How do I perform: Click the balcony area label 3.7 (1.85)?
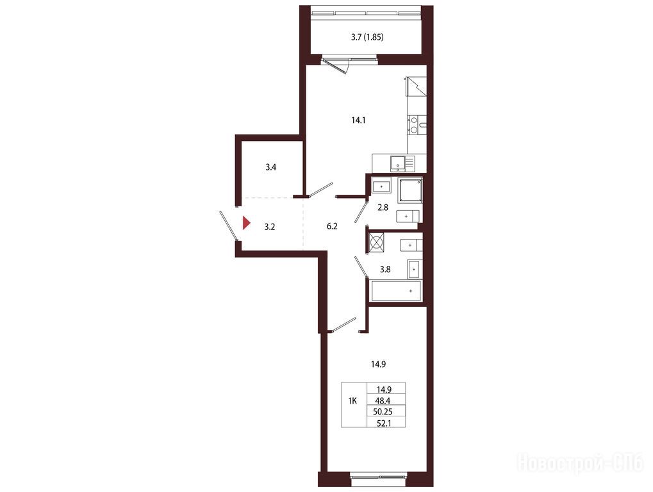point(367,37)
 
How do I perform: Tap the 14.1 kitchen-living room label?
point(359,120)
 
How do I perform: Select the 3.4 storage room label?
point(270,167)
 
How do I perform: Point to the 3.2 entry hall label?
point(270,227)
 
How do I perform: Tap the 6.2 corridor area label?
point(332,226)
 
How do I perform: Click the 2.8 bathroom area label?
point(383,207)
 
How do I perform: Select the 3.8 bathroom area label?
point(385,269)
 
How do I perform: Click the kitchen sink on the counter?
point(402,163)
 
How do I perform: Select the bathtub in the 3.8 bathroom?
point(396,291)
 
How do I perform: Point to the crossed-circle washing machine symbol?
point(376,242)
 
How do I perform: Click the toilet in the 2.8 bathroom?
point(408,217)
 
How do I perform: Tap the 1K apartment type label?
point(352,401)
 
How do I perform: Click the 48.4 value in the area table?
point(383,401)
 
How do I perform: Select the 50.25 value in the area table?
point(383,412)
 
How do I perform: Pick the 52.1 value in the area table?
point(383,423)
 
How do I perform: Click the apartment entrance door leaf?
point(229,225)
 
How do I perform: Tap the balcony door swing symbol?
point(337,65)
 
